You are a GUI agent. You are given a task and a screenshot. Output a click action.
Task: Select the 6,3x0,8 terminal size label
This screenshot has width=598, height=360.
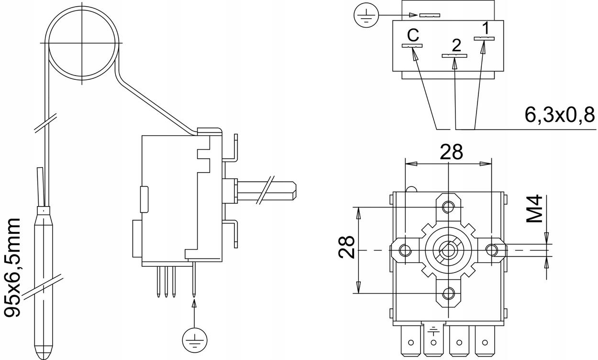pyautogui.click(x=559, y=115)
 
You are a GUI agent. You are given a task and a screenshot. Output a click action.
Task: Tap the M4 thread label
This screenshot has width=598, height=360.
pyautogui.click(x=535, y=208)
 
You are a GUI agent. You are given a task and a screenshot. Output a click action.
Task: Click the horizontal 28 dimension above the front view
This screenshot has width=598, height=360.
pyautogui.click(x=451, y=152)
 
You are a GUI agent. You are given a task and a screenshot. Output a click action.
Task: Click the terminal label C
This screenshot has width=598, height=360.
pyautogui.click(x=413, y=35)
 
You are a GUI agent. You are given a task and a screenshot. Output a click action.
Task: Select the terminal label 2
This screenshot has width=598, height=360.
pyautogui.click(x=456, y=45)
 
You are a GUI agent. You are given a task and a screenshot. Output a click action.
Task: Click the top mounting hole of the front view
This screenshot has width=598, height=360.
pyautogui.click(x=448, y=207)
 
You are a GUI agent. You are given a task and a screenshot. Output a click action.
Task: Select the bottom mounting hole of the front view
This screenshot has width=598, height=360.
pyautogui.click(x=448, y=293)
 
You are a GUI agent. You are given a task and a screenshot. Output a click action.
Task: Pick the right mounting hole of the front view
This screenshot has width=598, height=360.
pyautogui.click(x=492, y=250)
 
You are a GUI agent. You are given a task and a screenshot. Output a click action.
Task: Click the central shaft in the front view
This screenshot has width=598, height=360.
pyautogui.click(x=448, y=250)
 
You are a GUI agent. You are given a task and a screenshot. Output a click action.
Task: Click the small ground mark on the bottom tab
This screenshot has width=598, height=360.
pyautogui.click(x=433, y=330)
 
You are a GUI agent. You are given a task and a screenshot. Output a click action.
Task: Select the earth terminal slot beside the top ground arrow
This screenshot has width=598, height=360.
pyautogui.click(x=429, y=15)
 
